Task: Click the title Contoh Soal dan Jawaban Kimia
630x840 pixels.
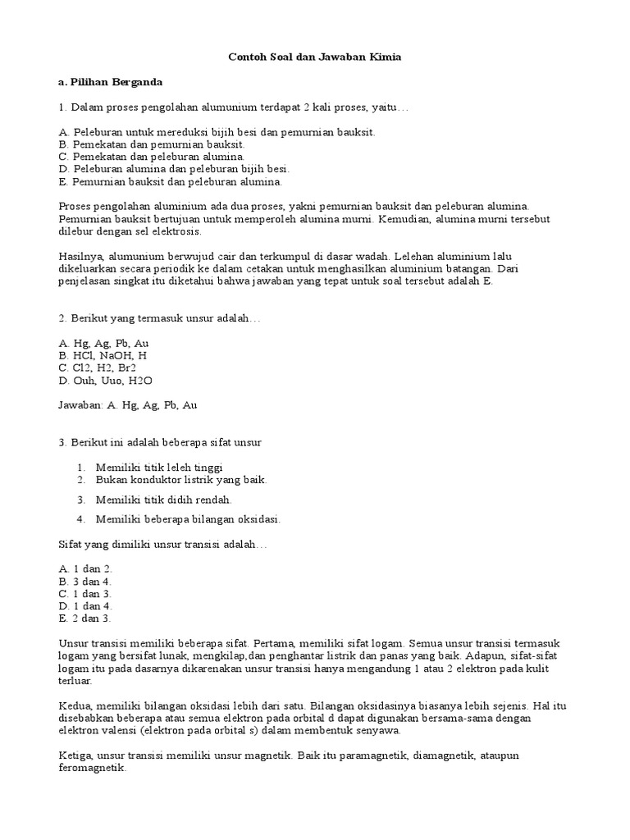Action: coord(314,57)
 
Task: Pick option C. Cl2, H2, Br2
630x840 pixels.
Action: coord(98,368)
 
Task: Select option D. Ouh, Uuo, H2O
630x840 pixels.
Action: coord(106,381)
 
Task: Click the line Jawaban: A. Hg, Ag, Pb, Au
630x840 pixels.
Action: coord(128,405)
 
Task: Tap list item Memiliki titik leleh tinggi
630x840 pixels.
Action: coord(159,467)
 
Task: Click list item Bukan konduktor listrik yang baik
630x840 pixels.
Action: coord(181,479)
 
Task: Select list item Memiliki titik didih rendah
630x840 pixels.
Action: coord(163,499)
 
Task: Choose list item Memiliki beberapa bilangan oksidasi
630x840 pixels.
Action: coord(188,518)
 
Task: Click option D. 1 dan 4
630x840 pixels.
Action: coord(85,605)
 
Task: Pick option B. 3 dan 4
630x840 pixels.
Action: coord(85,581)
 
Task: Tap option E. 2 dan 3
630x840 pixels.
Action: coord(85,618)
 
